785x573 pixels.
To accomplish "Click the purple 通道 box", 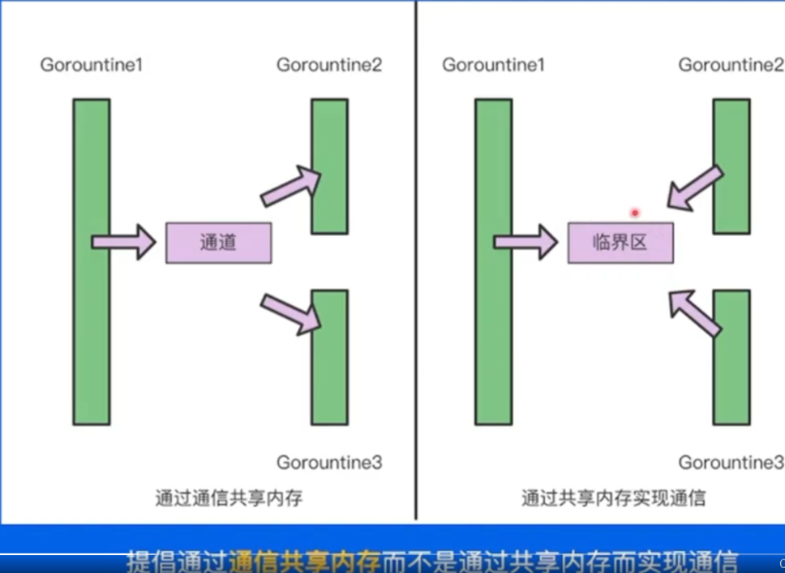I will tap(218, 243).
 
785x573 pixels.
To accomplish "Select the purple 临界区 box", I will tap(620, 243).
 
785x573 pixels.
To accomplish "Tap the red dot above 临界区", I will tap(635, 213).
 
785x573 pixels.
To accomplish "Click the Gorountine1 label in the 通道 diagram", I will tap(91, 65).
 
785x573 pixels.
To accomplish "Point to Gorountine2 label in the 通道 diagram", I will tap(328, 65).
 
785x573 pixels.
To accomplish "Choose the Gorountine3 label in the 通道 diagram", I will tap(328, 463).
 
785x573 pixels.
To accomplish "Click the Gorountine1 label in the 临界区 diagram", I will tap(493, 65).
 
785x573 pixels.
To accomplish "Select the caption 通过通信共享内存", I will tap(229, 498).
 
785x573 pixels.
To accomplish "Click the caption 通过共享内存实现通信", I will tap(613, 498).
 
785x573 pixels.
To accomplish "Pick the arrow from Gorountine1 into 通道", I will tap(123, 242).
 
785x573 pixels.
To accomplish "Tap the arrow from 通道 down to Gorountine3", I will tap(291, 313).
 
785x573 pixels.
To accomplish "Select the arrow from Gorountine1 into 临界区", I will tap(525, 242).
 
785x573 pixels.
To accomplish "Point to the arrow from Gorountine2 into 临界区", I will tap(693, 188).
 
